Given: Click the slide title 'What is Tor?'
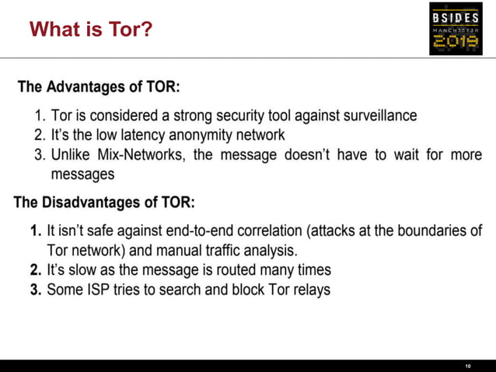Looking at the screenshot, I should [90, 30].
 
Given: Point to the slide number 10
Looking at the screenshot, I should [468, 366].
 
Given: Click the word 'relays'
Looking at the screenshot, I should [309, 290].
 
